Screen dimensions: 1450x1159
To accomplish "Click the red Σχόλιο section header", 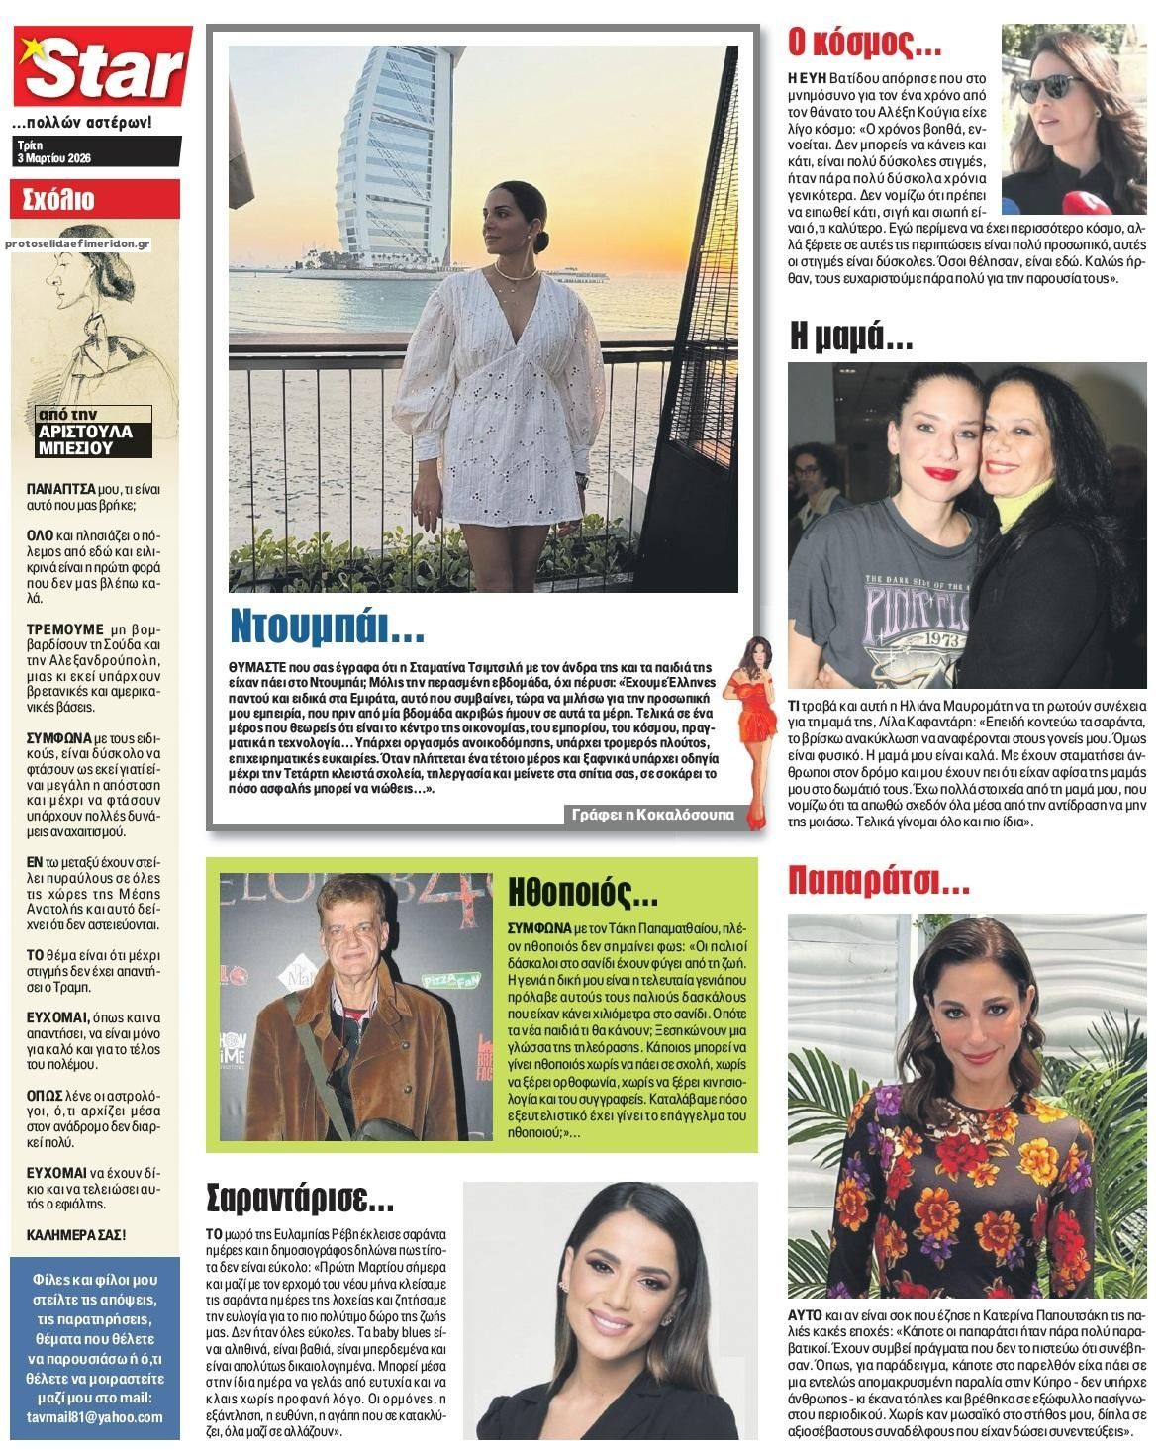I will click(x=59, y=199).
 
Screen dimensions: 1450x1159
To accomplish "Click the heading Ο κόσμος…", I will click(x=863, y=44).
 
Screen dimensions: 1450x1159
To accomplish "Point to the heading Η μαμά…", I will click(x=851, y=338).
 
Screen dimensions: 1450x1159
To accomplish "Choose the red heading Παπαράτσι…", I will click(x=878, y=878).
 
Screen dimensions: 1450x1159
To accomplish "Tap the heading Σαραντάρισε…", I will click(x=300, y=1200).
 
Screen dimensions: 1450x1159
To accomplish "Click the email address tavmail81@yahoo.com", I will click(x=95, y=1417).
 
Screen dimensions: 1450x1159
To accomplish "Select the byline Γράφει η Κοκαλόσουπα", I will click(x=653, y=815).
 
